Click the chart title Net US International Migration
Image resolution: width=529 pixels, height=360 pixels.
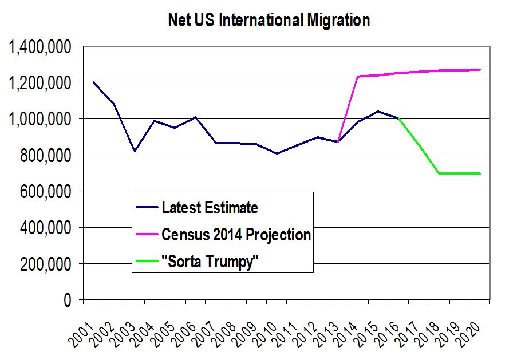point(269,21)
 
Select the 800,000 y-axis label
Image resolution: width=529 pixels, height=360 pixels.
point(45,156)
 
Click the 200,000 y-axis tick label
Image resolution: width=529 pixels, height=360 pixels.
point(45,264)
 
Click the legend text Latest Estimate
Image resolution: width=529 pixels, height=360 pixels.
point(210,207)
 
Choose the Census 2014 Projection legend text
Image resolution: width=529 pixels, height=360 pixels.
point(236,234)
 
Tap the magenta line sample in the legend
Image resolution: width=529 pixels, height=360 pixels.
point(147,234)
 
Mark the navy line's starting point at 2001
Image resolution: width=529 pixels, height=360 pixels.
point(94,82)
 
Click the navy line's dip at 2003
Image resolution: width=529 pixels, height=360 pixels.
point(135,151)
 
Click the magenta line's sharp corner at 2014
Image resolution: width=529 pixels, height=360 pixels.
point(358,76)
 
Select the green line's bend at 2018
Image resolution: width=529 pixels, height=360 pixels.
point(439,173)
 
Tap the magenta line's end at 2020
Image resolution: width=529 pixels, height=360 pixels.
point(480,70)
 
